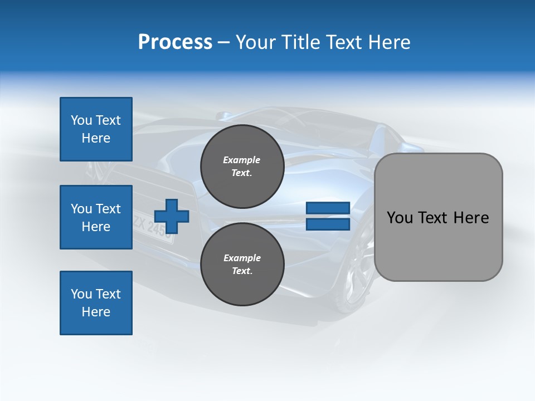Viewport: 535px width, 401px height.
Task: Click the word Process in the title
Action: point(175,42)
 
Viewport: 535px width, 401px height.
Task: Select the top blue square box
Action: point(96,129)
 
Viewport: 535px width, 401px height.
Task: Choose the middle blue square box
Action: point(96,217)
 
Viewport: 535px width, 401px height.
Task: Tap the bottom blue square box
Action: point(96,303)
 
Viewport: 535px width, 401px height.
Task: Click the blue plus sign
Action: point(172,216)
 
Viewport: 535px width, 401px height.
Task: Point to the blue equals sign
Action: point(328,216)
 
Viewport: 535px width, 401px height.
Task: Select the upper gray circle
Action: point(242,167)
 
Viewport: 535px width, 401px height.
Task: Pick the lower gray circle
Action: point(242,264)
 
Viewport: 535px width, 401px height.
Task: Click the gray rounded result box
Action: point(438,217)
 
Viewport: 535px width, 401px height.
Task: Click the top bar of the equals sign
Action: point(328,208)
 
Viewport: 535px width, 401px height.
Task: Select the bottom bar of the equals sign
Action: point(328,224)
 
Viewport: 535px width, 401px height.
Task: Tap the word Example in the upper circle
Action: point(242,160)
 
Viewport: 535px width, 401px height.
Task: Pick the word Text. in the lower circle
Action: point(242,271)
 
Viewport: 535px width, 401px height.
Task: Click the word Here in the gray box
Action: point(471,217)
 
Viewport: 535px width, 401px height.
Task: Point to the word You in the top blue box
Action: point(81,120)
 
